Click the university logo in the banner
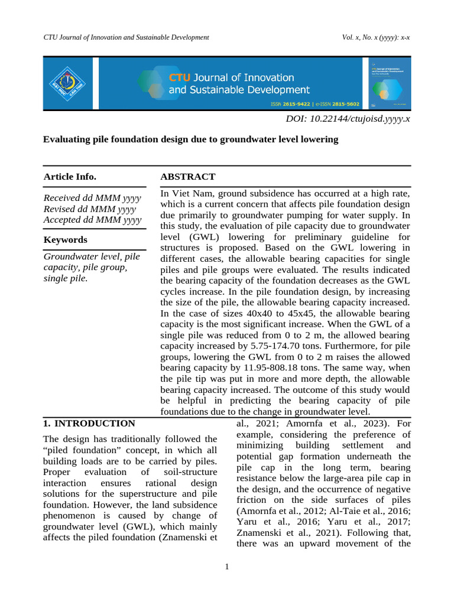coord(67,82)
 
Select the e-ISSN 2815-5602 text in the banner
coord(337,104)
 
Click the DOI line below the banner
coord(348,119)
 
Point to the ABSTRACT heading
coord(188,177)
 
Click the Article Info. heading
coord(70,177)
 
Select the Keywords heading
coord(66,239)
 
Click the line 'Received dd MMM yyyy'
coord(92,198)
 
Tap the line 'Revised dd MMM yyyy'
coord(90,209)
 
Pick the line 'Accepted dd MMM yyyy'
coord(93,220)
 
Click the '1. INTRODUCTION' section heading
coord(89,423)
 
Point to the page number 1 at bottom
coord(226,567)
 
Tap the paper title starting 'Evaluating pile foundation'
coord(191,139)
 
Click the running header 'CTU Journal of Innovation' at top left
coord(126,37)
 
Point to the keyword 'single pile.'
coord(66,278)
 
